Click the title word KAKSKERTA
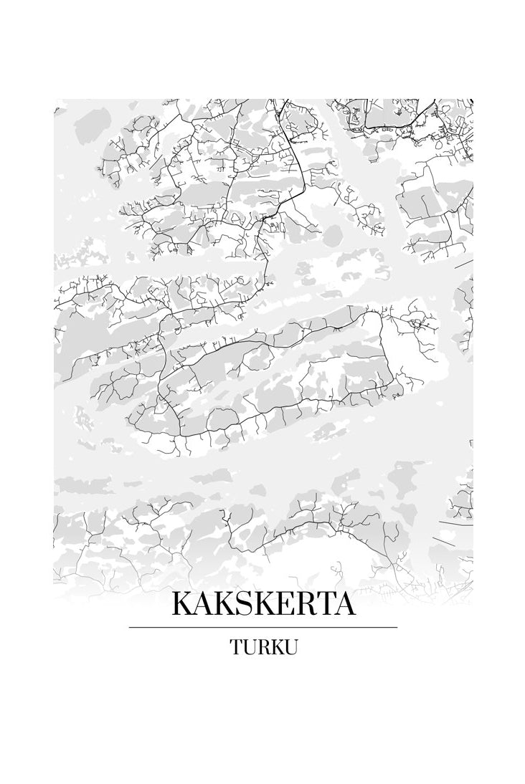pyautogui.click(x=263, y=604)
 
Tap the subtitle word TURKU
pyautogui.click(x=263, y=647)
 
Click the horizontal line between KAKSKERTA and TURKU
pyautogui.click(x=263, y=627)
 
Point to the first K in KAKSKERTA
pyautogui.click(x=182, y=604)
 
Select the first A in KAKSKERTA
pyautogui.click(x=202, y=604)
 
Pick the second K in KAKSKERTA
pyautogui.click(x=222, y=604)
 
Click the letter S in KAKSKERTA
pyautogui.click(x=242, y=604)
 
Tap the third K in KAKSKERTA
pyautogui.click(x=261, y=604)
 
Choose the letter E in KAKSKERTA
pyautogui.click(x=282, y=604)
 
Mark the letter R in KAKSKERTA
pyautogui.click(x=302, y=604)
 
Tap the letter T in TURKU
pyautogui.click(x=236, y=647)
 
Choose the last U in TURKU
pyautogui.click(x=290, y=647)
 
